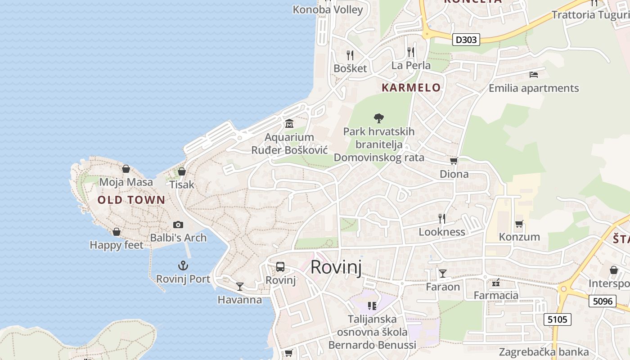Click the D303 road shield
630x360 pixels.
466,40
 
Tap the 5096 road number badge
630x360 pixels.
602,301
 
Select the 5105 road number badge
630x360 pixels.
558,319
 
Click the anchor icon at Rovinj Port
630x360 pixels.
183,265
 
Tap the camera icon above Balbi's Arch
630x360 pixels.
178,224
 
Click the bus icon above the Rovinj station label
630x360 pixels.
280,267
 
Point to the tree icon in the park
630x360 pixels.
379,118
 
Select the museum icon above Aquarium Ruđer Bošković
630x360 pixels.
289,123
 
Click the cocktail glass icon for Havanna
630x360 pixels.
240,286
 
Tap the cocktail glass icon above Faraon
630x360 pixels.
443,273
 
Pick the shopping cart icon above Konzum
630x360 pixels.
519,223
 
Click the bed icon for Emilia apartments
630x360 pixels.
534,74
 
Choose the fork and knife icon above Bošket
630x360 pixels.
350,55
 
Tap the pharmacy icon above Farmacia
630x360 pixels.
496,283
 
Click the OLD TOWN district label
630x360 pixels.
131,200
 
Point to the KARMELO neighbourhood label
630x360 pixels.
411,87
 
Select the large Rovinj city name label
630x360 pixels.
336,267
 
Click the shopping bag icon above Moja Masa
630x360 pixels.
126,169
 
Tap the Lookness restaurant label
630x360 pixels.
442,232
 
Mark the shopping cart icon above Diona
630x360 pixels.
454,161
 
